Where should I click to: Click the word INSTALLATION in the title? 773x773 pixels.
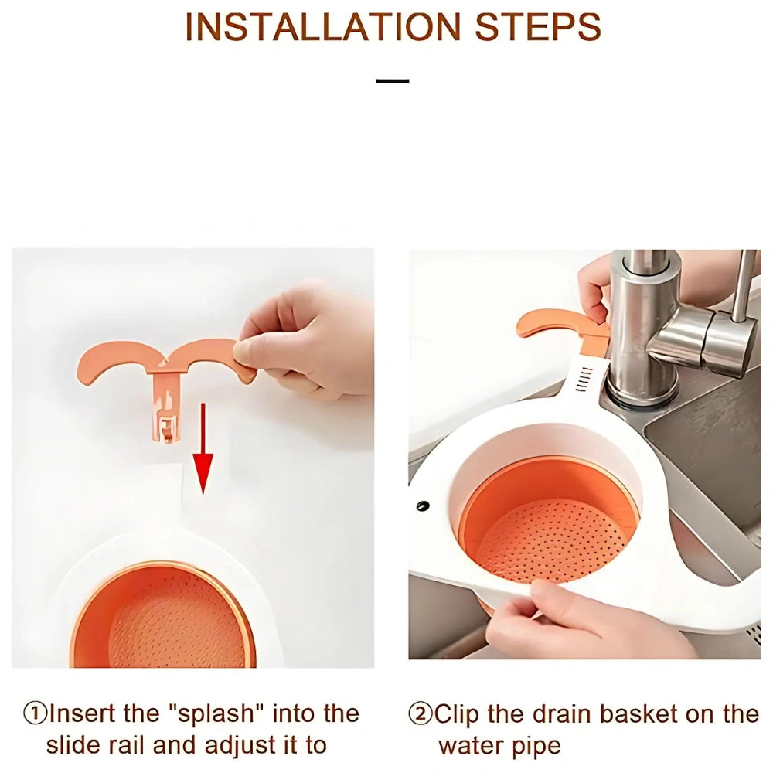(323, 28)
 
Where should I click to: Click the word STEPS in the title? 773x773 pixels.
(538, 28)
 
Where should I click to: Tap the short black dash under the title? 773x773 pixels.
(393, 81)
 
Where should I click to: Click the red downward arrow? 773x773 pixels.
(203, 448)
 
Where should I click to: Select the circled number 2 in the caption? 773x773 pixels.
(421, 713)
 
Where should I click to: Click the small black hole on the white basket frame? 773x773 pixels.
(423, 506)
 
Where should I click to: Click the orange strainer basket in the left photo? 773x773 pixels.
(162, 616)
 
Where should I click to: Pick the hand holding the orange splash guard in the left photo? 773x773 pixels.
(305, 340)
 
